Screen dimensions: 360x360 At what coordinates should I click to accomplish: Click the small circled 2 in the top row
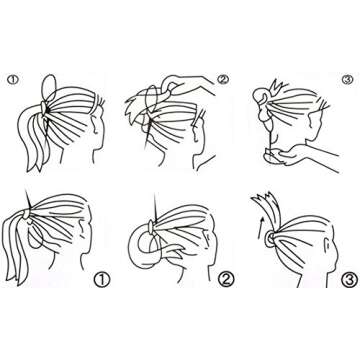click(x=222, y=78)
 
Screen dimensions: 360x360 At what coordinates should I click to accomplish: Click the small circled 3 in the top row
click(x=346, y=79)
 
